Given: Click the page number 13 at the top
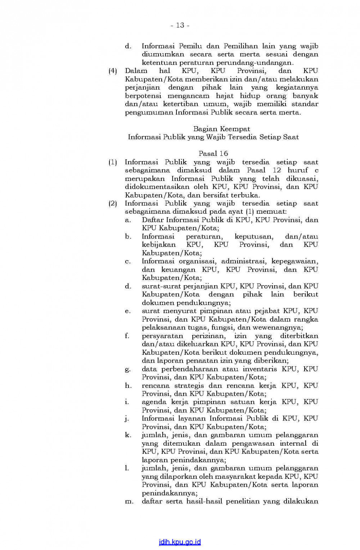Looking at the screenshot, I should coord(180,25).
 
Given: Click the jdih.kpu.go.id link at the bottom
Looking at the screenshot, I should coord(180,542).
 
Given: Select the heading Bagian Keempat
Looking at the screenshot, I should coord(221,129).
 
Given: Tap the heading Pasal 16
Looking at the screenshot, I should coord(213,154).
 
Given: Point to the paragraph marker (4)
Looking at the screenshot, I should coord(113,71).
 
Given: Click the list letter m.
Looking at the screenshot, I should coord(129,501).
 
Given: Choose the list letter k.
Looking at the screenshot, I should coord(128,435).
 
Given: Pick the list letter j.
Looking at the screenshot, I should coord(127,419).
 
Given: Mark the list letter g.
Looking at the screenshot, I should coord(127,369).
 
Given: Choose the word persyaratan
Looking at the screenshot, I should coord(162,336).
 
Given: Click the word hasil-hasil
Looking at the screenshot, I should coord(204,501).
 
